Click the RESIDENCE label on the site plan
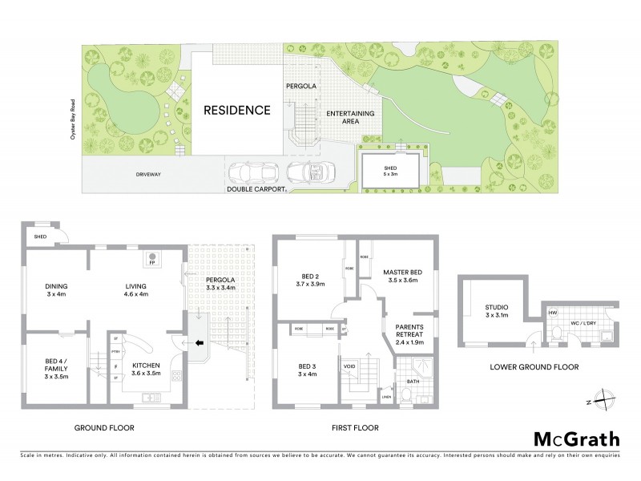236,111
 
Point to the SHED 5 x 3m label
390,172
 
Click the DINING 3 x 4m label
56,289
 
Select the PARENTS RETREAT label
409,332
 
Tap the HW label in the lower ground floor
553,313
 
